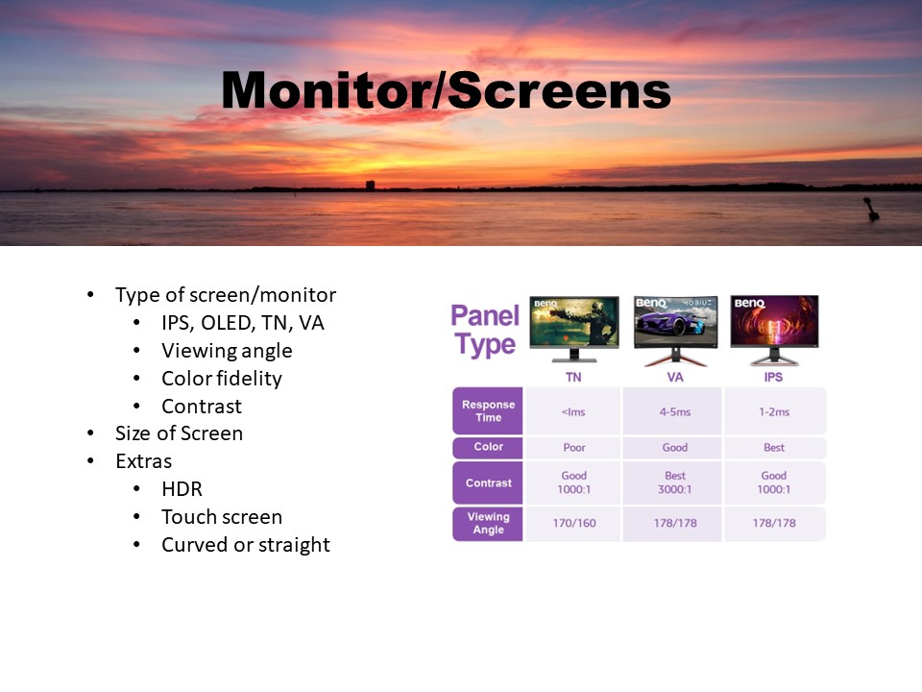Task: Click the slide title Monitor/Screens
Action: (x=447, y=90)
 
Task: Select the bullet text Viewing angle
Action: (x=227, y=351)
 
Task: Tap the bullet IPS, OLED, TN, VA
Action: (x=243, y=323)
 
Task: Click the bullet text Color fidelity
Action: (x=222, y=379)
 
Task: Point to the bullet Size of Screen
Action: (x=179, y=433)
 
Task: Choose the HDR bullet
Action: (x=182, y=489)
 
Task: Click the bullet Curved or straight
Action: (x=246, y=545)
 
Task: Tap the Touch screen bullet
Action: (x=222, y=517)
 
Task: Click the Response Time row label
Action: (x=488, y=410)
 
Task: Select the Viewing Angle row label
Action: (x=488, y=523)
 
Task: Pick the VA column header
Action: (x=675, y=377)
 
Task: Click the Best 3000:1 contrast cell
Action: (x=674, y=482)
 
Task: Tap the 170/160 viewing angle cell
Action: (x=574, y=523)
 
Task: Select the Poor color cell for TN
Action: (x=574, y=448)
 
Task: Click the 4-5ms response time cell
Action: (x=674, y=412)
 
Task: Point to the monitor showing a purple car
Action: (x=675, y=330)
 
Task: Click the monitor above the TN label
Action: (x=574, y=329)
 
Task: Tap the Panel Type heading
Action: (x=485, y=330)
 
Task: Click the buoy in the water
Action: (x=871, y=210)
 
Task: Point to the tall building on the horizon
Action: (x=370, y=185)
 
